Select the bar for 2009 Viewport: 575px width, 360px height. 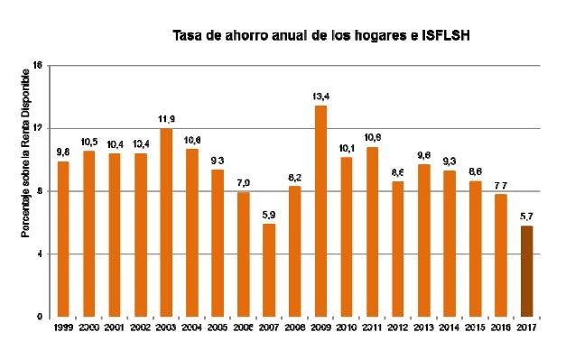coord(320,211)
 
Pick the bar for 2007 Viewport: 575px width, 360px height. coord(269,271)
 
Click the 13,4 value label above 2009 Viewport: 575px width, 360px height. coord(320,95)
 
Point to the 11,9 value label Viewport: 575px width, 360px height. coord(166,118)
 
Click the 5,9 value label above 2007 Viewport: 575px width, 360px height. coord(269,213)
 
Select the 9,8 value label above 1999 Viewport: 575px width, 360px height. coord(63,152)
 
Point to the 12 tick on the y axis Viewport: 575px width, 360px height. coord(38,128)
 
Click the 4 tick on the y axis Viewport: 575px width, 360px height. coord(40,254)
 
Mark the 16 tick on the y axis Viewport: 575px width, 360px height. coord(38,65)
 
